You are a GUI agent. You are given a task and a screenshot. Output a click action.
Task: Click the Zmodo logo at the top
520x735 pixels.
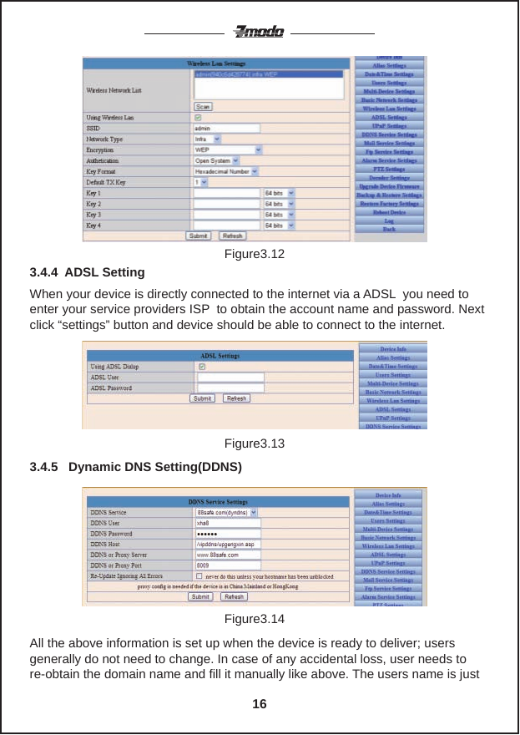point(259,33)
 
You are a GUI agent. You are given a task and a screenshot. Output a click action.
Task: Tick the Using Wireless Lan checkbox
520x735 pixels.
point(198,118)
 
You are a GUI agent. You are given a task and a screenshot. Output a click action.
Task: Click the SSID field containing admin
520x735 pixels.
point(226,129)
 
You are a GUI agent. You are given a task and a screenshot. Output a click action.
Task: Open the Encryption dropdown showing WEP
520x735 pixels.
point(228,150)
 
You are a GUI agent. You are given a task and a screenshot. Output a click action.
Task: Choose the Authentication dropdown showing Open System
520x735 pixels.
point(216,160)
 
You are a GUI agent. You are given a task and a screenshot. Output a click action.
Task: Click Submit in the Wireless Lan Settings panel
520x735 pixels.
point(199,236)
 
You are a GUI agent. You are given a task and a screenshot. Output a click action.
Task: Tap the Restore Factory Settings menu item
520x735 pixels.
point(389,203)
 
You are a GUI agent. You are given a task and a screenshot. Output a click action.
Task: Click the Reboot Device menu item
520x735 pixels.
point(389,212)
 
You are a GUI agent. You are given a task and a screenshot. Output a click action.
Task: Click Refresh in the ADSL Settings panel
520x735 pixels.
point(236,398)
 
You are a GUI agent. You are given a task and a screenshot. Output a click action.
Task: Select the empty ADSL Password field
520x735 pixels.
point(229,388)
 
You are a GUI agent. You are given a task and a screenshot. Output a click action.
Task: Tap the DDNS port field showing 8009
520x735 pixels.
point(226,565)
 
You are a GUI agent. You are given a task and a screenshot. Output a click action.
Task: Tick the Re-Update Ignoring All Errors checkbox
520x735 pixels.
point(198,575)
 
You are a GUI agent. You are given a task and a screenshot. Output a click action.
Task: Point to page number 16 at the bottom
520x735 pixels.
point(260,704)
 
